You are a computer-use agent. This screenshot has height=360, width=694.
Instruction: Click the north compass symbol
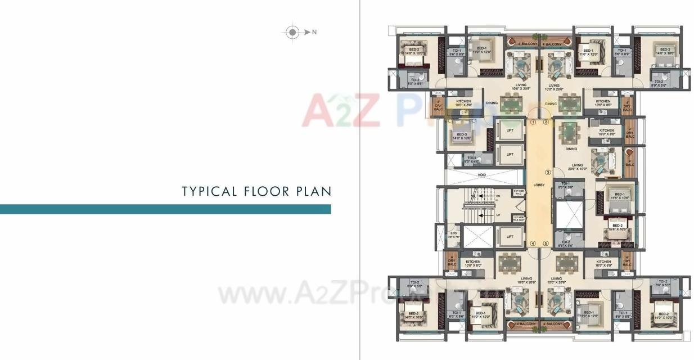click(x=292, y=32)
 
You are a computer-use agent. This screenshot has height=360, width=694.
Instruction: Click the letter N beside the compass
click(x=314, y=32)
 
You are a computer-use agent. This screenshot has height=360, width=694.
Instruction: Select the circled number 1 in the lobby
click(x=533, y=121)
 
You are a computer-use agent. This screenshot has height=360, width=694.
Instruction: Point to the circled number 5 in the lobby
click(x=546, y=244)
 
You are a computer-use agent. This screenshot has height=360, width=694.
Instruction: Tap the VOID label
click(x=481, y=175)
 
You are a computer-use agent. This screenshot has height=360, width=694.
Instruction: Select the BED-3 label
click(x=462, y=134)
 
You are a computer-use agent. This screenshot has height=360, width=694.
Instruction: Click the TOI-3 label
click(x=471, y=159)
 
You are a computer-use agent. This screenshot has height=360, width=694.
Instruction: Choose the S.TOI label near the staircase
click(x=453, y=234)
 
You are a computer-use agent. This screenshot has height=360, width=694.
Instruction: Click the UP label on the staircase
click(x=498, y=214)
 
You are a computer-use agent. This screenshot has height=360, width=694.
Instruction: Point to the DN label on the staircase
click(x=498, y=196)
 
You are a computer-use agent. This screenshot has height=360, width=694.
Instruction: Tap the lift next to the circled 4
click(x=510, y=237)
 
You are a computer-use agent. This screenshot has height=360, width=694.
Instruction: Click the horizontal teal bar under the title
click(x=165, y=209)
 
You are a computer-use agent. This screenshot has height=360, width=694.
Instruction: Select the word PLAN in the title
click(x=313, y=191)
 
